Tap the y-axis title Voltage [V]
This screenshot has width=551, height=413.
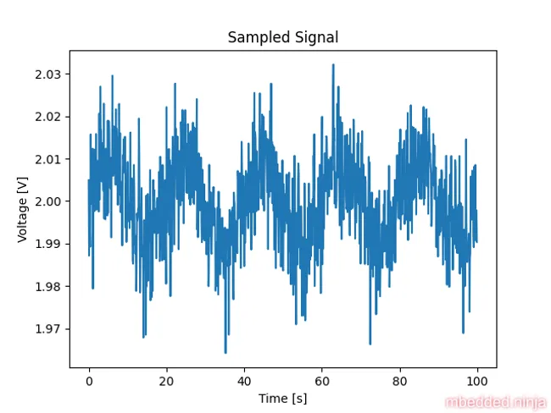23,208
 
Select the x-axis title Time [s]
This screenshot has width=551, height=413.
282,397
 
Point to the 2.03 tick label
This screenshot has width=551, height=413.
47,74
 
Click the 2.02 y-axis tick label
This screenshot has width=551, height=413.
47,117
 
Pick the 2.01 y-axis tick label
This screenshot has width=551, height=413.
47,159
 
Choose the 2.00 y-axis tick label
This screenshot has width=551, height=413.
47,201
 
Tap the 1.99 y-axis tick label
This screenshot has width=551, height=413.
47,244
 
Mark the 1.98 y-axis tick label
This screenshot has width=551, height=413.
47,286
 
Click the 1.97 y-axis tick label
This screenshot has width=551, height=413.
47,328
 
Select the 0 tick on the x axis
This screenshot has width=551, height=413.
89,382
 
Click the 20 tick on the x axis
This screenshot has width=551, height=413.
166,382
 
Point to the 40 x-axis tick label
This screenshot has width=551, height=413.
244,382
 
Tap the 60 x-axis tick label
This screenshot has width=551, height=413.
321,382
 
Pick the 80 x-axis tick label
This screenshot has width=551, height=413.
399,382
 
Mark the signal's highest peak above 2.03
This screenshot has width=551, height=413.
333,64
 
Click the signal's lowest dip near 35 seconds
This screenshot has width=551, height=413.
225,352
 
